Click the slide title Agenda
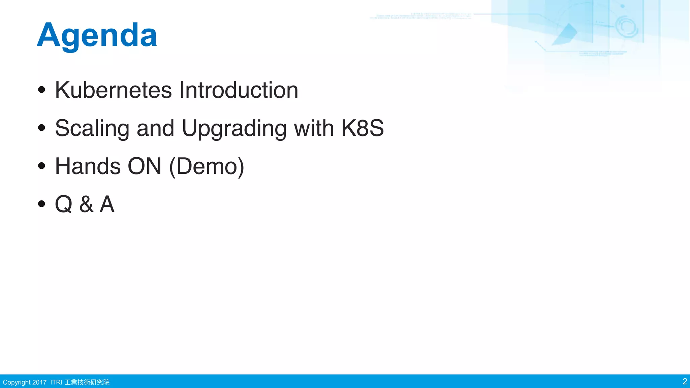tap(97, 35)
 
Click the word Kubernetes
tap(113, 90)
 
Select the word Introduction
tap(239, 90)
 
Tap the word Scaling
tap(92, 129)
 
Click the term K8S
tap(362, 128)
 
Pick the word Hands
tap(88, 166)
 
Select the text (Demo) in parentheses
tap(207, 166)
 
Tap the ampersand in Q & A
tap(86, 204)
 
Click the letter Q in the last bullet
tap(63, 204)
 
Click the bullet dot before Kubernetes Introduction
tap(41, 90)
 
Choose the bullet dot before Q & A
tap(41, 204)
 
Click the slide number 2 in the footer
tap(684, 381)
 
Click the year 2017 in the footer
tap(39, 382)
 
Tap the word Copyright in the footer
tap(17, 382)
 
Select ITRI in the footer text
tap(56, 382)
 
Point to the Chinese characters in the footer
tap(87, 382)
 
